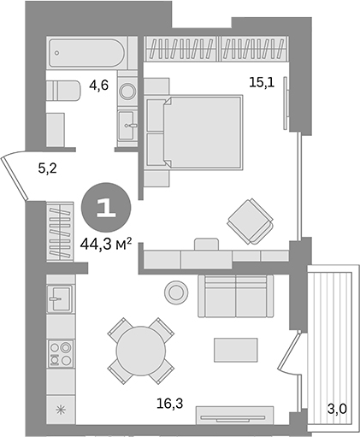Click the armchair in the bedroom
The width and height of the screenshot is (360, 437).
(x=251, y=221)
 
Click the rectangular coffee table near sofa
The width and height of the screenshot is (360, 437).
(x=235, y=350)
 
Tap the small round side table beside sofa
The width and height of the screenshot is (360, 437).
(x=176, y=292)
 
